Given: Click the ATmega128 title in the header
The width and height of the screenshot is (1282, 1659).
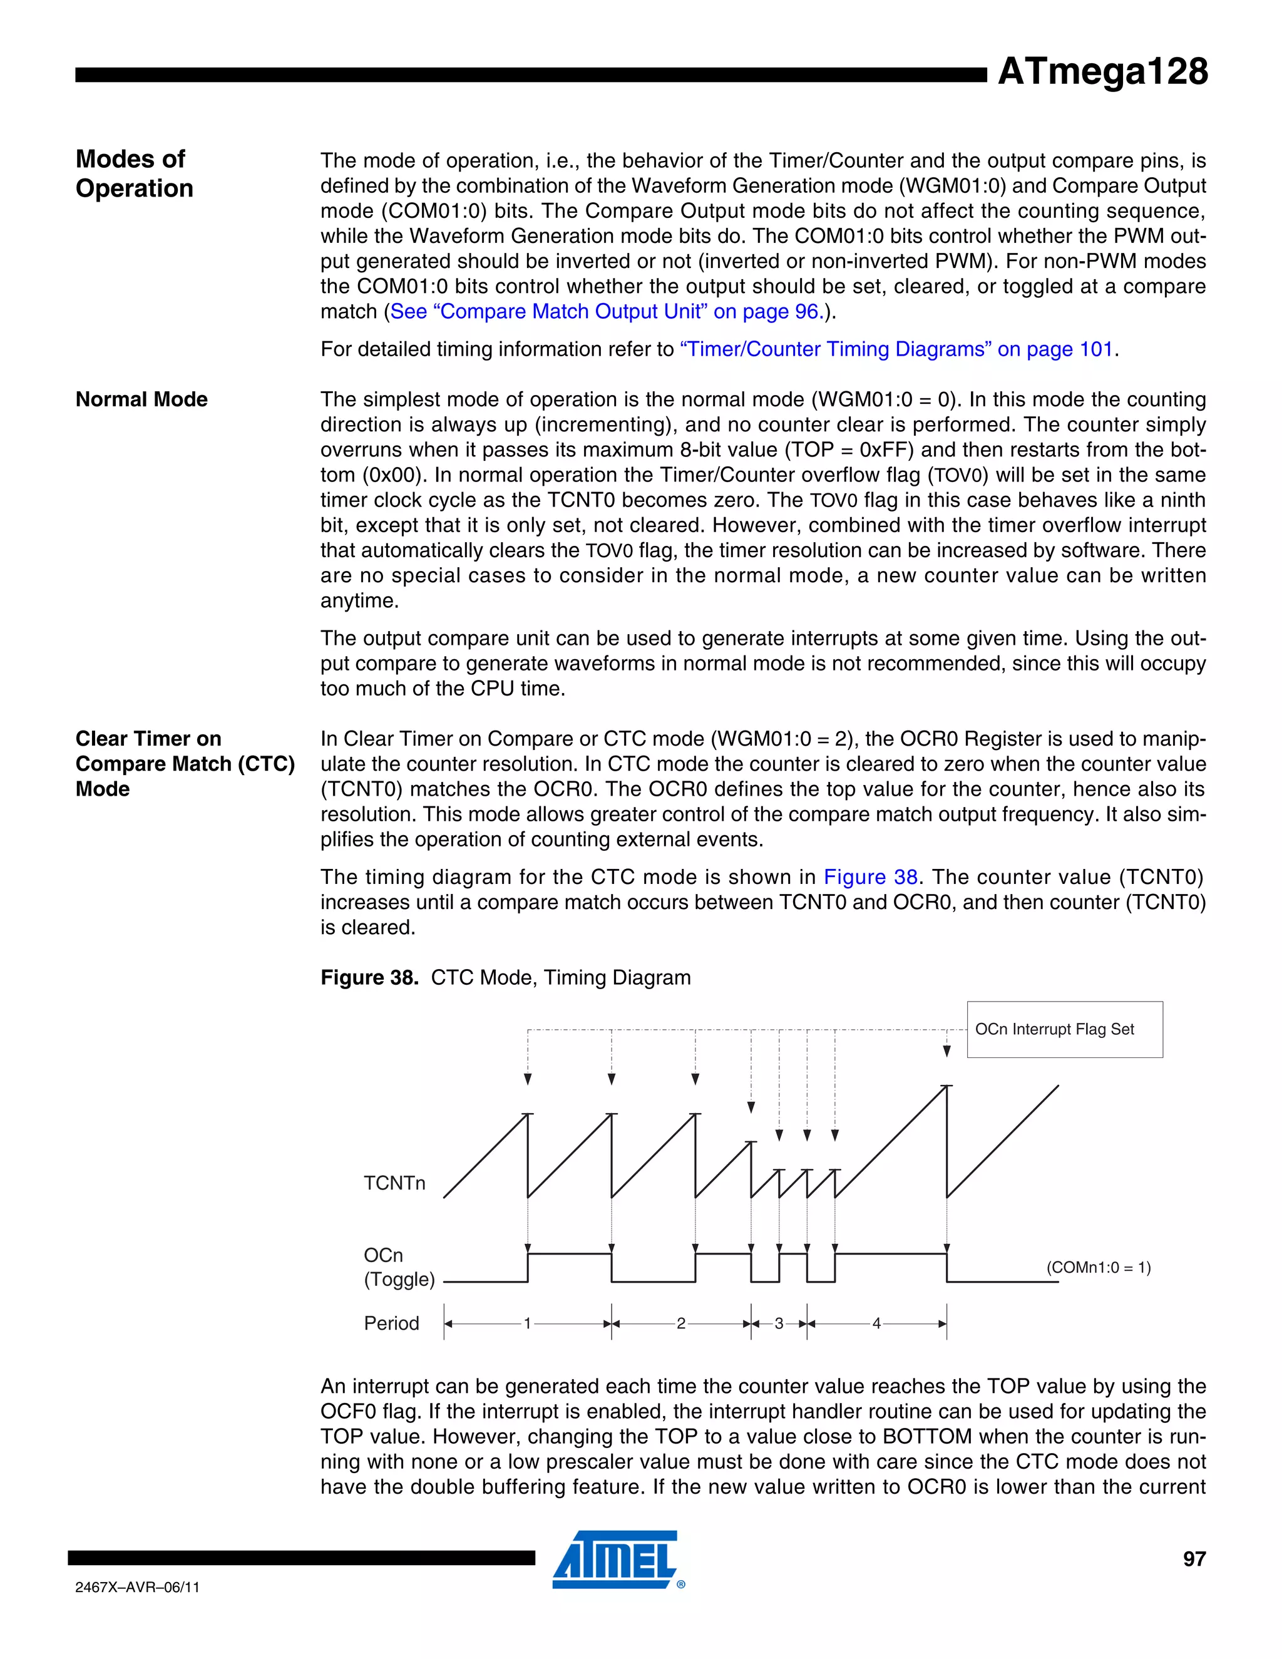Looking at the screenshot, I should click(x=1101, y=71).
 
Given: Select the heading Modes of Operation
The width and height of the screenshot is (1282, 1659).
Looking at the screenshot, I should click(x=134, y=173).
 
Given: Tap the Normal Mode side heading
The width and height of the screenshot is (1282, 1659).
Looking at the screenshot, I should click(x=141, y=399).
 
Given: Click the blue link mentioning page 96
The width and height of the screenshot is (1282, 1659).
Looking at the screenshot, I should click(x=606, y=311).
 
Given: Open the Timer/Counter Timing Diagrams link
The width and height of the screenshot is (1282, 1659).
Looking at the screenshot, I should click(x=898, y=349).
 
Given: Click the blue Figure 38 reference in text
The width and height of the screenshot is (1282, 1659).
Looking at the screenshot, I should click(x=870, y=877).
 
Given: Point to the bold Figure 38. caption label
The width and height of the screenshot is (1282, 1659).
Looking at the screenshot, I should click(x=369, y=978).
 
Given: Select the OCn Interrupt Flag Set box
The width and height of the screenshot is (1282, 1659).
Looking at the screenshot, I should click(x=1064, y=1029).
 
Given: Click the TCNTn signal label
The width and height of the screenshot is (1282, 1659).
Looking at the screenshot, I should click(x=394, y=1183).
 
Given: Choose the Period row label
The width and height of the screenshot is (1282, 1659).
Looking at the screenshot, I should click(x=391, y=1323).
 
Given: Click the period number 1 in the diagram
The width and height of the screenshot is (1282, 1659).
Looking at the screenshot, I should click(x=527, y=1323).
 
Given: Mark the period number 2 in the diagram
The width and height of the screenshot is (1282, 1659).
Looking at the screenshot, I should click(x=681, y=1323).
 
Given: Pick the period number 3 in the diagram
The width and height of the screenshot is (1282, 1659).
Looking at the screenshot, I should click(x=779, y=1323).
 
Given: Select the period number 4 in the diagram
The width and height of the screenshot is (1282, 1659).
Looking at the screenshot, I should click(x=876, y=1323).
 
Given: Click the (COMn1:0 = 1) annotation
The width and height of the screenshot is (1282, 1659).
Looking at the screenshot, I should click(x=1098, y=1267).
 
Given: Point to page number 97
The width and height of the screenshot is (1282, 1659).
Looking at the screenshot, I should click(x=1194, y=1559).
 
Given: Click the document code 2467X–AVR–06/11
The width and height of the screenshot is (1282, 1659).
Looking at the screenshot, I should click(x=138, y=1588).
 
